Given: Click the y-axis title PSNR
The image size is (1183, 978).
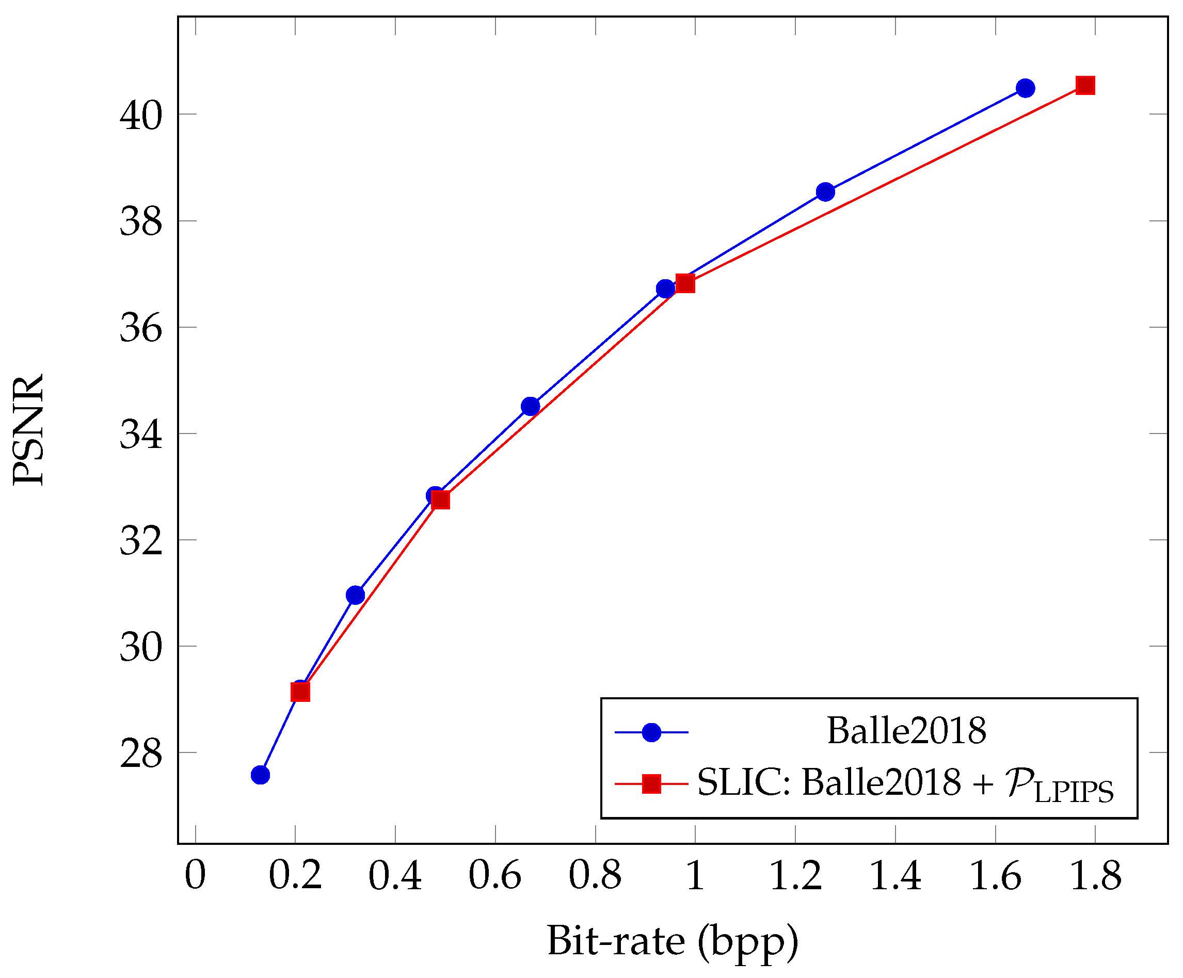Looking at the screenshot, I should pyautogui.click(x=28, y=429).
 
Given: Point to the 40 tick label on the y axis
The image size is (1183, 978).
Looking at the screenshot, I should pyautogui.click(x=141, y=116).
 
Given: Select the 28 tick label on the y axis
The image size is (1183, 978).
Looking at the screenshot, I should pyautogui.click(x=141, y=755).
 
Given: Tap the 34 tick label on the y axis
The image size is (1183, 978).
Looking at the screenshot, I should pyautogui.click(x=141, y=436).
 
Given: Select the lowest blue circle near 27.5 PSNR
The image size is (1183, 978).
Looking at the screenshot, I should pyautogui.click(x=260, y=775).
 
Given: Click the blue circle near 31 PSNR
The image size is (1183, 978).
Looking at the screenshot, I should pyautogui.click(x=356, y=595).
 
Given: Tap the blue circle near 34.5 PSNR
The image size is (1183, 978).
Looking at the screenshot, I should pyautogui.click(x=531, y=406).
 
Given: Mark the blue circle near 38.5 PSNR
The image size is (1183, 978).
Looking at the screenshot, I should pyautogui.click(x=825, y=191).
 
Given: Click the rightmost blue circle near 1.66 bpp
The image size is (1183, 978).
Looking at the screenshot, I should pyautogui.click(x=1025, y=88).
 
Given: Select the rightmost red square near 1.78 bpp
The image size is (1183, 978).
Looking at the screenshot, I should pyautogui.click(x=1085, y=86).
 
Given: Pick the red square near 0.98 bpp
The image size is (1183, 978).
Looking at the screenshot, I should pyautogui.click(x=685, y=283).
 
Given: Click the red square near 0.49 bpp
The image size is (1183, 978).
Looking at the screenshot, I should pyautogui.click(x=440, y=500).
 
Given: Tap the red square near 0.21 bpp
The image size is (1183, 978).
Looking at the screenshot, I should pyautogui.click(x=300, y=692).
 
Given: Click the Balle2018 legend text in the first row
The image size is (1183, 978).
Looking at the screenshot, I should pyautogui.click(x=906, y=731).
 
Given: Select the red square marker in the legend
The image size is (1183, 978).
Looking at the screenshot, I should pyautogui.click(x=651, y=783).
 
